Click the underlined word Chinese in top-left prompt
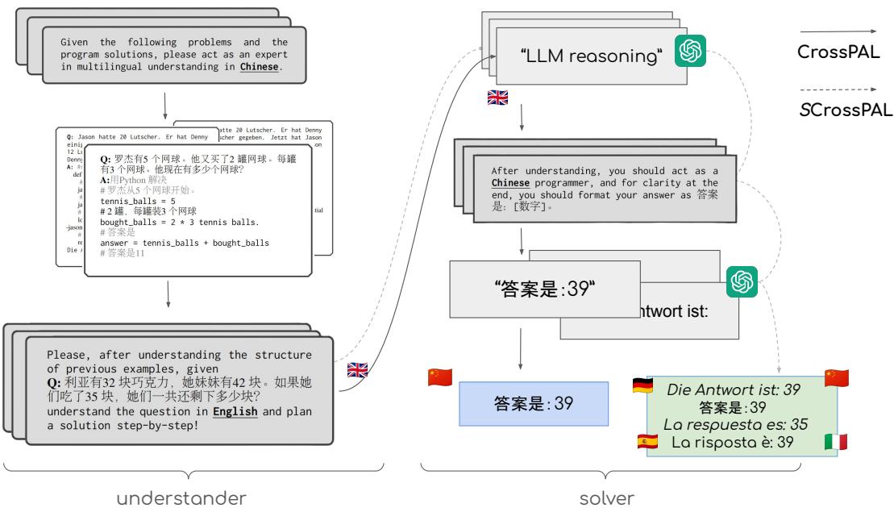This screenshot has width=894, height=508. (259, 68)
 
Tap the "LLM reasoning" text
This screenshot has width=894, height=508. (592, 57)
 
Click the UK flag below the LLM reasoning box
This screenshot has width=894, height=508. (498, 98)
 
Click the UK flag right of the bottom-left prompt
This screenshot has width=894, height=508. (357, 370)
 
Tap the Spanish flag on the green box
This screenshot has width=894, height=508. (647, 442)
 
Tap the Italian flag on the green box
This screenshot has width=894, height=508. (836, 442)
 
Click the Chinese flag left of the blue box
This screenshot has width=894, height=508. (440, 377)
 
